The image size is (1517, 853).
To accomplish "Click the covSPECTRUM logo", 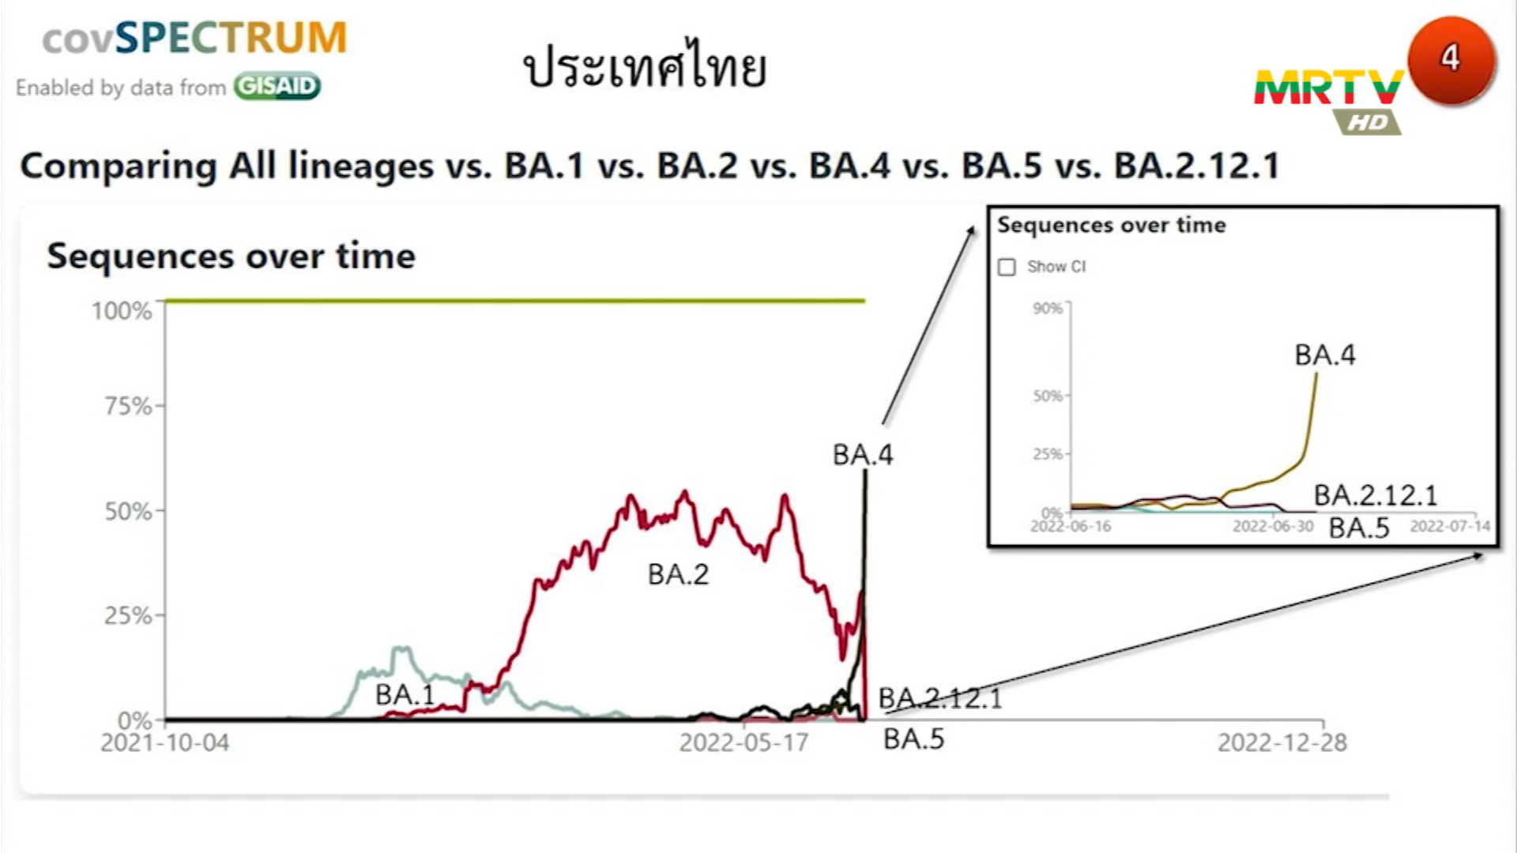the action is click(194, 38).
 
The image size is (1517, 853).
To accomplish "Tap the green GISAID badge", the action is click(277, 86).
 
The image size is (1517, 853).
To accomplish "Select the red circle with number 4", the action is click(1451, 60).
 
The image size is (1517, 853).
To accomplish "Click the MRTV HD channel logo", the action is click(1329, 99).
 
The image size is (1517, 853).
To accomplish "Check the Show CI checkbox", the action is click(1007, 267).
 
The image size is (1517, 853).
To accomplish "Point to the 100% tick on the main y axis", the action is click(122, 310).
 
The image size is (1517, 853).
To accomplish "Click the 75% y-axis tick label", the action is click(128, 406).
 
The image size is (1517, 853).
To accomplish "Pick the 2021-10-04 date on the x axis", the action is click(164, 742).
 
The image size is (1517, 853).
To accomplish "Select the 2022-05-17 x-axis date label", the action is click(743, 742).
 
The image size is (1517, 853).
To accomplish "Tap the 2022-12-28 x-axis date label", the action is click(1282, 742).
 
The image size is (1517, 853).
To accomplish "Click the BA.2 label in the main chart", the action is click(678, 574).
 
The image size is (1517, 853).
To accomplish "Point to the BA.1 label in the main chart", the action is click(405, 694).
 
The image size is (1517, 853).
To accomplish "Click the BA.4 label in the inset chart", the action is click(1325, 355).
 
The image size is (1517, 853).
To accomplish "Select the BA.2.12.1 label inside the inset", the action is click(1376, 495).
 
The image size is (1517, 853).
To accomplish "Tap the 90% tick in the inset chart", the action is click(1048, 308).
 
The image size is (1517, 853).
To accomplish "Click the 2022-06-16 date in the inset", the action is click(1071, 526).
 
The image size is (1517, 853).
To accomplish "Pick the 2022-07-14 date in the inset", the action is click(1451, 526).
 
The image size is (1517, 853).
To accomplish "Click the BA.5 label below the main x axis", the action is click(913, 739).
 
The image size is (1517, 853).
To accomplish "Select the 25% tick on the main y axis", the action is click(128, 615).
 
